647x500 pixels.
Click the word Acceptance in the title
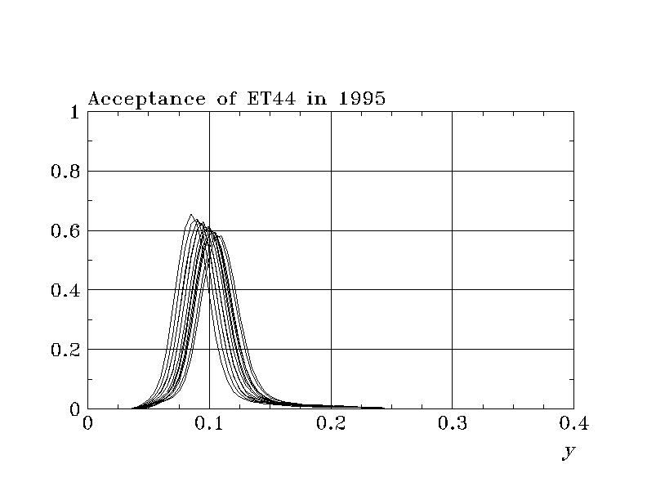(136, 99)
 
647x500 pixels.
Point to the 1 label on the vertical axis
(74, 112)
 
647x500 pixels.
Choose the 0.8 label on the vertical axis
(65, 172)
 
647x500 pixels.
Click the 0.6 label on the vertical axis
(65, 231)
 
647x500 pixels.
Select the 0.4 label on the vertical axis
(65, 290)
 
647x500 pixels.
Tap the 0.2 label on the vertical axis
(65, 350)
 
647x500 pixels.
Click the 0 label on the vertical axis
(74, 408)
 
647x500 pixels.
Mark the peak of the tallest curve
(191, 215)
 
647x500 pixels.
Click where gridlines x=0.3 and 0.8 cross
(452, 171)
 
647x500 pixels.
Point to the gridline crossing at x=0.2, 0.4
(331, 290)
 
